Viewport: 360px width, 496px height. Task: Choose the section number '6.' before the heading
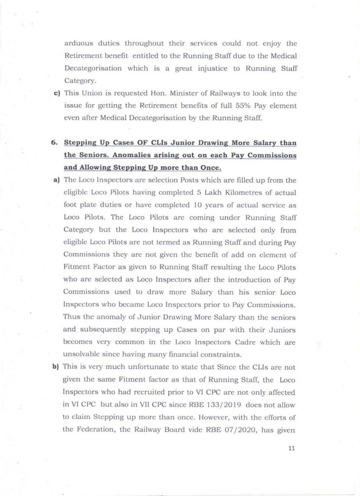54,143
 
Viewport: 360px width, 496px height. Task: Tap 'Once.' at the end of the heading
208,168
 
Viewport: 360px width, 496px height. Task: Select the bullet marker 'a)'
56,181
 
